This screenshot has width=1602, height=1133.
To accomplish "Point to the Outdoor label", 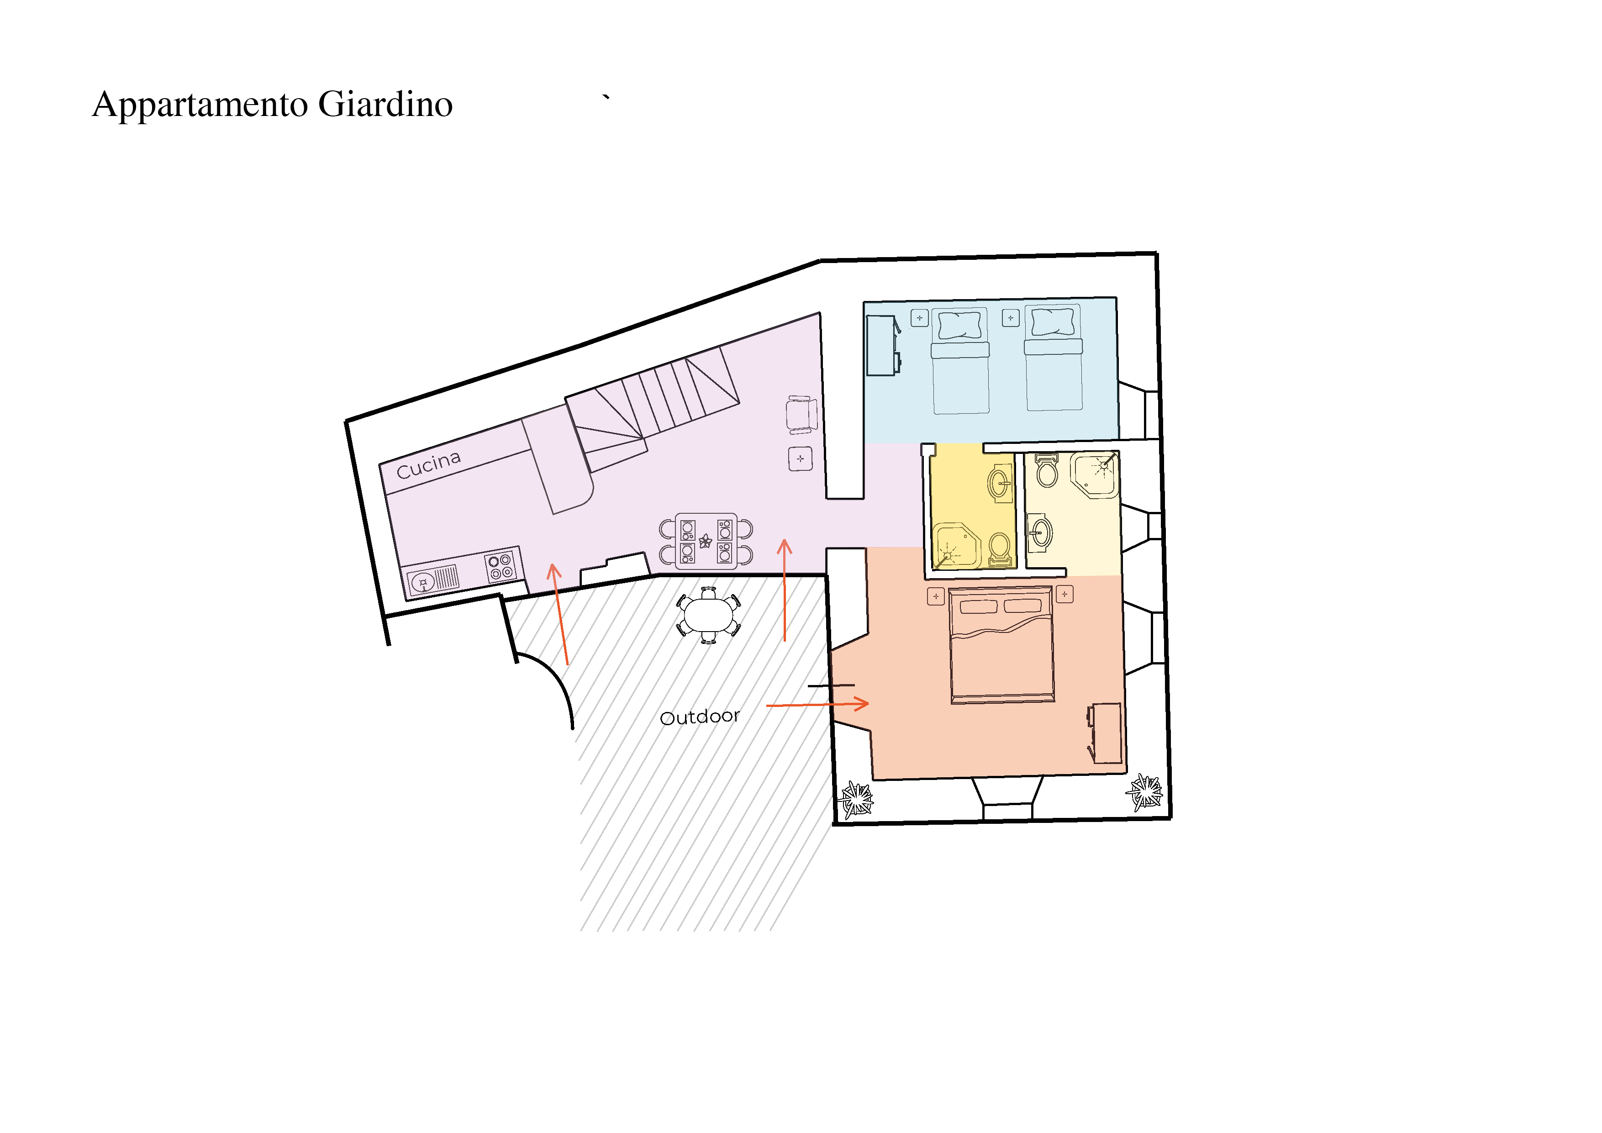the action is tap(699, 717).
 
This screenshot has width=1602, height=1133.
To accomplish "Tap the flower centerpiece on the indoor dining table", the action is tap(706, 541).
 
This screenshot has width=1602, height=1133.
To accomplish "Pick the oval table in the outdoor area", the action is tap(709, 615).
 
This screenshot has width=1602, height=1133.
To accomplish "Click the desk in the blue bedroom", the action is tap(883, 345).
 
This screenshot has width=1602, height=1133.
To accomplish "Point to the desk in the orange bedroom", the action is tap(1105, 733).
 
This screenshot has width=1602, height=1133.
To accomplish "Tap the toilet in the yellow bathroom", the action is tap(1000, 550).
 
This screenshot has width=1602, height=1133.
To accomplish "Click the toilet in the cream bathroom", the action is tap(1047, 469).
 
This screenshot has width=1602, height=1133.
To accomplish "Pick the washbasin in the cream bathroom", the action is tap(1040, 532).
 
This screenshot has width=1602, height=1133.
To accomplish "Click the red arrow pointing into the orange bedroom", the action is tap(818, 705).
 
